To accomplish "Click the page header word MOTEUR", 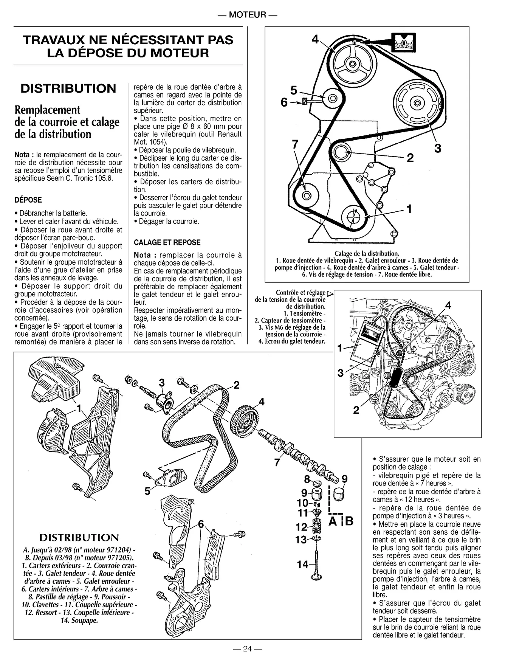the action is (x=248, y=15).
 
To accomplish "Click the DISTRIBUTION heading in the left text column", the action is (x=68, y=88).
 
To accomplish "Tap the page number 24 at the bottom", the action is (x=247, y=648).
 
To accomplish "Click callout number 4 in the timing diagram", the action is (x=315, y=39).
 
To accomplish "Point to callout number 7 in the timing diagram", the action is (x=295, y=144).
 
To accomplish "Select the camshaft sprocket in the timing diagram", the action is (x=352, y=64).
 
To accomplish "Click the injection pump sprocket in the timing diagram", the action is (x=416, y=102).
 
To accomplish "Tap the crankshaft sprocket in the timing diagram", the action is (x=354, y=217).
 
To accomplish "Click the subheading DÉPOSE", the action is (x=28, y=200).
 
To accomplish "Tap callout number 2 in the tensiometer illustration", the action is (x=356, y=410).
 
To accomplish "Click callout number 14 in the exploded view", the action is (x=302, y=565).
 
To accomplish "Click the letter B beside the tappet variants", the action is (x=349, y=521).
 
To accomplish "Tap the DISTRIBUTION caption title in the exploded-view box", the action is (x=79, y=537).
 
